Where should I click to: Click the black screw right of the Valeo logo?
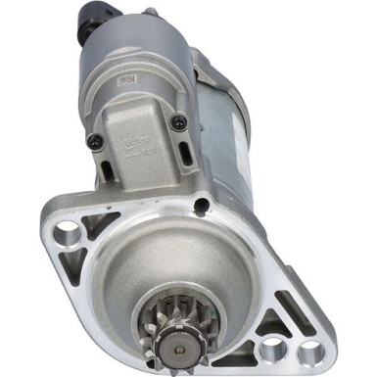pyautogui.click(x=179, y=122)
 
